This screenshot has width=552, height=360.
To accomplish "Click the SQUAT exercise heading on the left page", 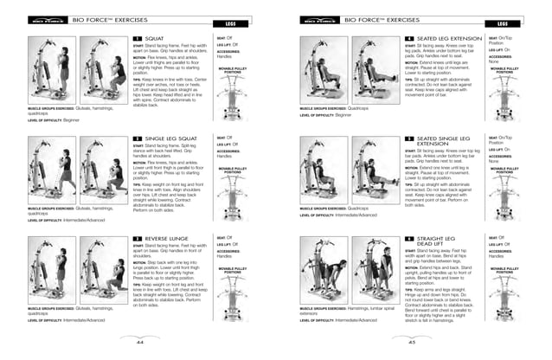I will pos(156,40).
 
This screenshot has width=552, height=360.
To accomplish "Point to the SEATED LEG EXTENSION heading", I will pos(448,40).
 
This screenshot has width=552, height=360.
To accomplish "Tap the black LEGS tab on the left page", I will pos(229,24).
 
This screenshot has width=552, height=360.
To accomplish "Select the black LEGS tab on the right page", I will pos(503,24).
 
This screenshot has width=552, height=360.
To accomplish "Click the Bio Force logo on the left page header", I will pos(42,19).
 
